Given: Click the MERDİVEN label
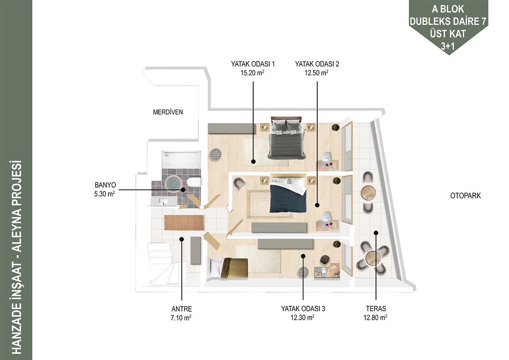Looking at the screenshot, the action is tap(168, 112).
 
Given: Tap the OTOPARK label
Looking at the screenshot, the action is tap(465, 196).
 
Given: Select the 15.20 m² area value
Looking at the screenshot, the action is tap(252, 73).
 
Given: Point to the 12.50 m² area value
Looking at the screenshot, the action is tap(316, 73).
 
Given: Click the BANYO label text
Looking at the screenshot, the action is tap(105, 185).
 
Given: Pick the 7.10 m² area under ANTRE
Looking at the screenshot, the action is tap(181, 317).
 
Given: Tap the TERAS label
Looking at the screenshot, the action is tap(376, 309).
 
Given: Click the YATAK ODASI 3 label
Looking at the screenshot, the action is tap(303, 309).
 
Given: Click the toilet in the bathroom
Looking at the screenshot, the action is tap(193, 182).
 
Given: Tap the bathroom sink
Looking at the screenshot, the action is tap(164, 202).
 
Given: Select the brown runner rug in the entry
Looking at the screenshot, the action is tap(184, 222).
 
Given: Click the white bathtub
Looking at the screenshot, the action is tap(181, 159).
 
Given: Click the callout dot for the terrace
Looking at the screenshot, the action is tap(376, 233).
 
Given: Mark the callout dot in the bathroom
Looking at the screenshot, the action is tap(183, 190).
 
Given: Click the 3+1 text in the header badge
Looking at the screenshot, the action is tap(448, 46).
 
